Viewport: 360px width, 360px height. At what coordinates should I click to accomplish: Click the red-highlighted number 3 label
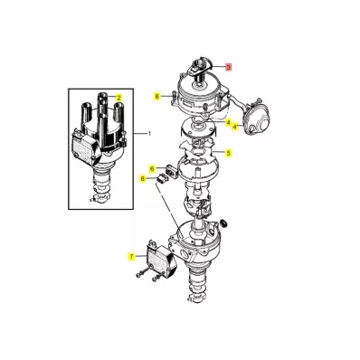pos(229,67)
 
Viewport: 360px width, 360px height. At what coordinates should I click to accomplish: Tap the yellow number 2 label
pos(118,98)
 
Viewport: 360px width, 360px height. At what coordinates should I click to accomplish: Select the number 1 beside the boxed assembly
pos(149,134)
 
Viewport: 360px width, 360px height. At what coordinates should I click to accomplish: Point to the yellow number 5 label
pos(229,153)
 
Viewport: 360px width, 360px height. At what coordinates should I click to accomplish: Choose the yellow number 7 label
pos(131,257)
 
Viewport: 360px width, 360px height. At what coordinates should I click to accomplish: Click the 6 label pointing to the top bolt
pos(156,97)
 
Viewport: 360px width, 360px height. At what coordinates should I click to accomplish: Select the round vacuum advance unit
pos(257,119)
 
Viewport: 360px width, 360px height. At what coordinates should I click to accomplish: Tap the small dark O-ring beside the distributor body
pos(224,223)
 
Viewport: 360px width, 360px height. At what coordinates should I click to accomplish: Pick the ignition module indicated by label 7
pos(161,258)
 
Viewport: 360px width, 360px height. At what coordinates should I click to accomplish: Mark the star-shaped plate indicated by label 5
pos(196,150)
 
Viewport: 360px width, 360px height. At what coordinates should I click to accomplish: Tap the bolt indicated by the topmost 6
pos(174,97)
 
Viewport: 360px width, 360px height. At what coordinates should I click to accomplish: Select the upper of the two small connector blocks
pos(170,172)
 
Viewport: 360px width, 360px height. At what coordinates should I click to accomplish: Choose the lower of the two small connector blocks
pos(163,178)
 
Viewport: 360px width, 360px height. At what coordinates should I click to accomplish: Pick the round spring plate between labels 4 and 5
pos(198,129)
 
